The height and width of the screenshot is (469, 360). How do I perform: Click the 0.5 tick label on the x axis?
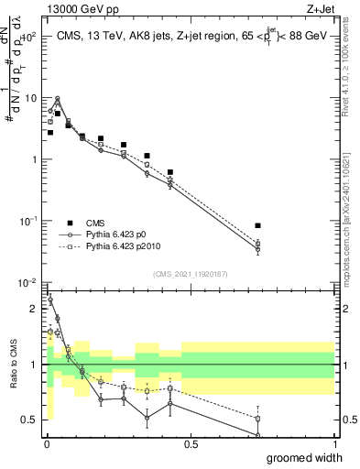[x=191, y=443]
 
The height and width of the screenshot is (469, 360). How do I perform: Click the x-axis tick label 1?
[x=334, y=443]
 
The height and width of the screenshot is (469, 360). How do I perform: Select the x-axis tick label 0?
[x=46, y=443]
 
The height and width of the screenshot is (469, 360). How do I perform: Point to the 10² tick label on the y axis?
[x=28, y=37]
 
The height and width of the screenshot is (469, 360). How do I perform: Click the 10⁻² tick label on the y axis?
[x=28, y=283]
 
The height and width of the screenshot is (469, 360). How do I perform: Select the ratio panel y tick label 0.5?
[x=32, y=420]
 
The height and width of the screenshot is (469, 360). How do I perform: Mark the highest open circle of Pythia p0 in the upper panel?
[x=58, y=99]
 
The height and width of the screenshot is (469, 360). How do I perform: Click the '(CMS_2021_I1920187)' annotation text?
[x=190, y=274]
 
